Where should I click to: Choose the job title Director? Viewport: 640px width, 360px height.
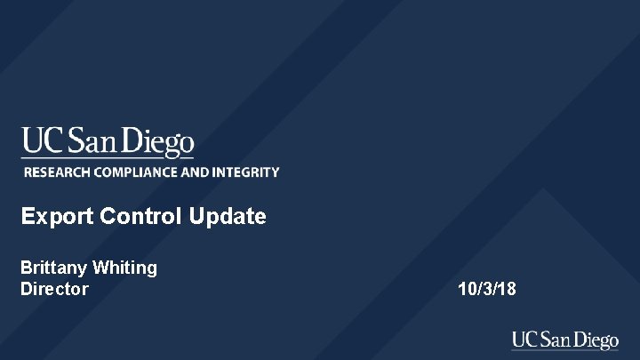click(54, 289)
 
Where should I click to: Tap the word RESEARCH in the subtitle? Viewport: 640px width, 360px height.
click(55, 172)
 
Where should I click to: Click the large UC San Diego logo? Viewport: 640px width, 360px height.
click(108, 142)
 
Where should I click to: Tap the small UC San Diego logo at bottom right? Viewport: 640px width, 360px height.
click(564, 340)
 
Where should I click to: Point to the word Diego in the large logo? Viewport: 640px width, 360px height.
click(157, 142)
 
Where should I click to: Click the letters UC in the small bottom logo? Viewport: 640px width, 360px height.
click(523, 340)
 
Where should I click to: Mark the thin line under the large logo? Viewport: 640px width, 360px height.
click(108, 158)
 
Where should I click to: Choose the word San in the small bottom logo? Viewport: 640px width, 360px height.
click(553, 340)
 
